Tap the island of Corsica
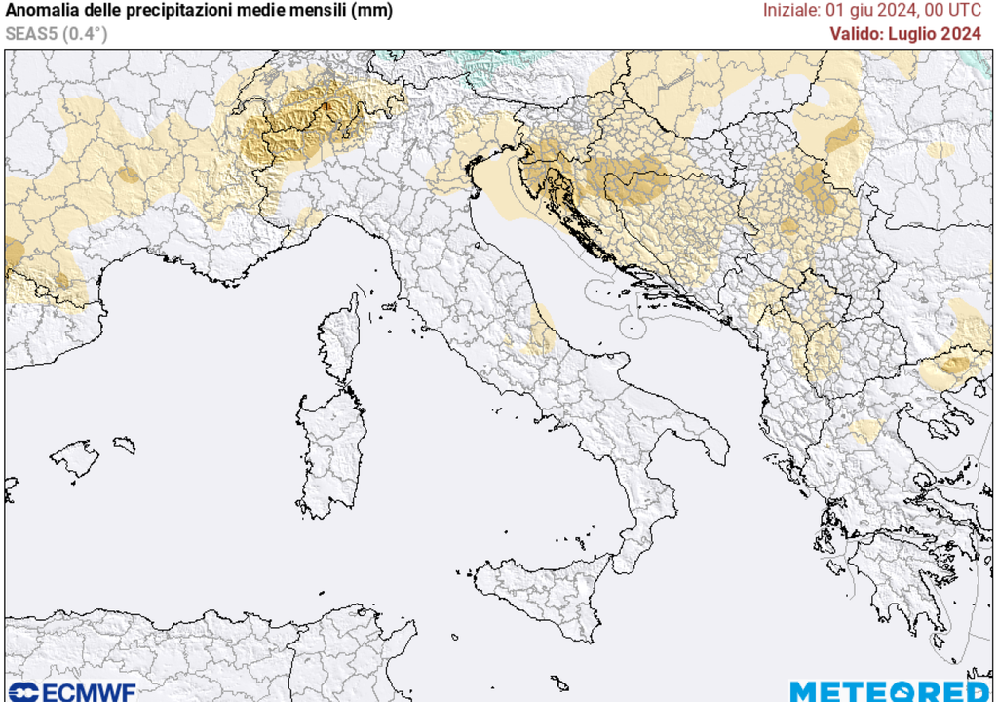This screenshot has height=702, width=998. point(341,341)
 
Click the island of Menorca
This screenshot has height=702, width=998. point(124,445)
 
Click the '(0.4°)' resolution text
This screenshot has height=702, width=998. point(86,34)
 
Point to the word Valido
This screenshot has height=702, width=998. point(858,33)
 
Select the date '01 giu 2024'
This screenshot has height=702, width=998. point(871,12)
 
